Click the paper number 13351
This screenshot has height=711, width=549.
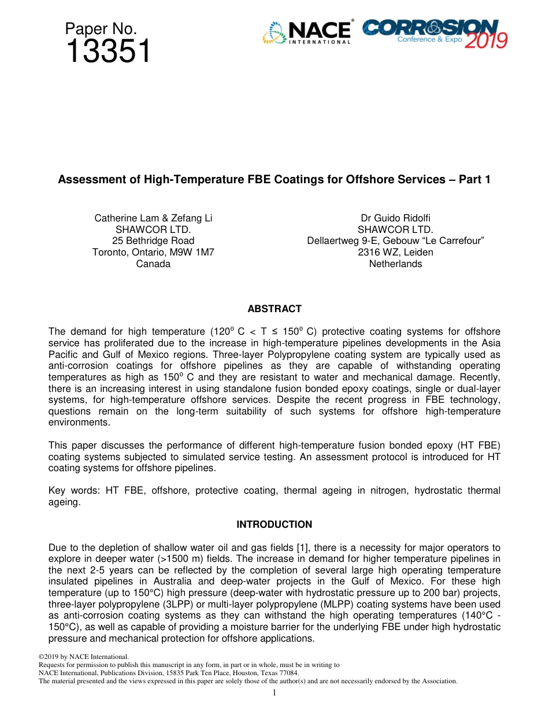108,52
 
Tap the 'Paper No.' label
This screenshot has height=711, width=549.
101,29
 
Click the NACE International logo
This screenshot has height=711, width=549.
307,32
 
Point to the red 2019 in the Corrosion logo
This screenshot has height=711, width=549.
486,40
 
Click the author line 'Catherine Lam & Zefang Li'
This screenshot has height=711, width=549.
153,218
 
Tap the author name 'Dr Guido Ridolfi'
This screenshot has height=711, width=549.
395,218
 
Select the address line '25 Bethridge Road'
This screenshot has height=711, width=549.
153,240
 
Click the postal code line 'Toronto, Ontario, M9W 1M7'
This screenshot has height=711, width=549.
153,252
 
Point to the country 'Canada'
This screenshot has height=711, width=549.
153,264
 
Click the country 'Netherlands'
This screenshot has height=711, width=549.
395,264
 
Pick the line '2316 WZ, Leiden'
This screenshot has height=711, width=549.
395,252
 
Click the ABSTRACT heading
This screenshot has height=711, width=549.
274,309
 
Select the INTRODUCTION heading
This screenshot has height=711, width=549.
274,524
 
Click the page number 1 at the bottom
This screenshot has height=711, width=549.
274,693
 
